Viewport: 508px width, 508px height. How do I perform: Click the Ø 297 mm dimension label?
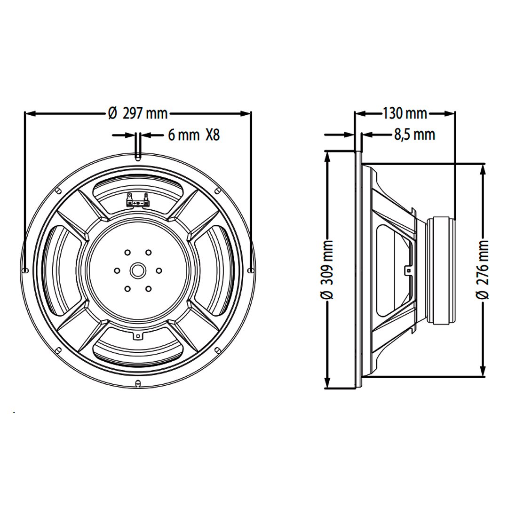pos(137,113)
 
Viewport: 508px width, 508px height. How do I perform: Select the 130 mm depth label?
pos(405,113)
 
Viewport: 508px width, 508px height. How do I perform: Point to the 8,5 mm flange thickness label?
pos(414,135)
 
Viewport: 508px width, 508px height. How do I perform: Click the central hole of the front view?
pos(138,270)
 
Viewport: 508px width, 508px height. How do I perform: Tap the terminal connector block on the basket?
pos(137,201)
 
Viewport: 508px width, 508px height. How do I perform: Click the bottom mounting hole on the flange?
pos(138,383)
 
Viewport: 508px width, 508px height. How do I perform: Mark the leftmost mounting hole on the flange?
pos(25,270)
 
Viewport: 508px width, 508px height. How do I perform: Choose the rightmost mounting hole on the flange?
pos(250,270)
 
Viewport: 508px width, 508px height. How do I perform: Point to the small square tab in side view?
pos(408,270)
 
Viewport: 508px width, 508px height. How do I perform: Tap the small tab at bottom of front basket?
pos(137,336)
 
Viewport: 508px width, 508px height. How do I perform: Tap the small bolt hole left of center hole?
pos(117,270)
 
